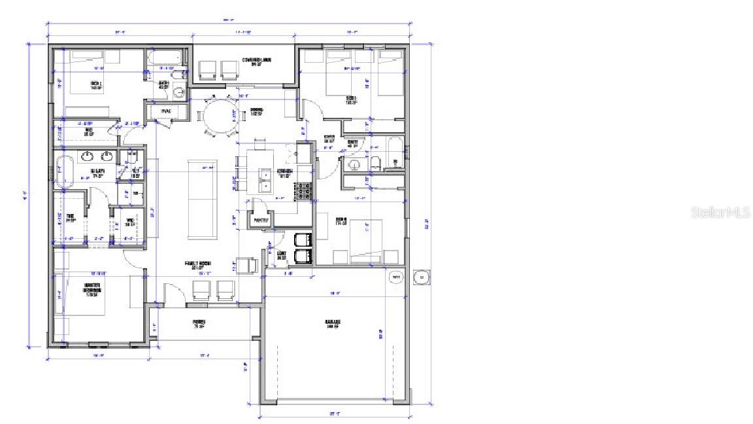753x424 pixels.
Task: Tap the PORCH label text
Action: coord(199,323)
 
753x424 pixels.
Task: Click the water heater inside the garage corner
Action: coord(396,278)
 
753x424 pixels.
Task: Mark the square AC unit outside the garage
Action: coord(422,277)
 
